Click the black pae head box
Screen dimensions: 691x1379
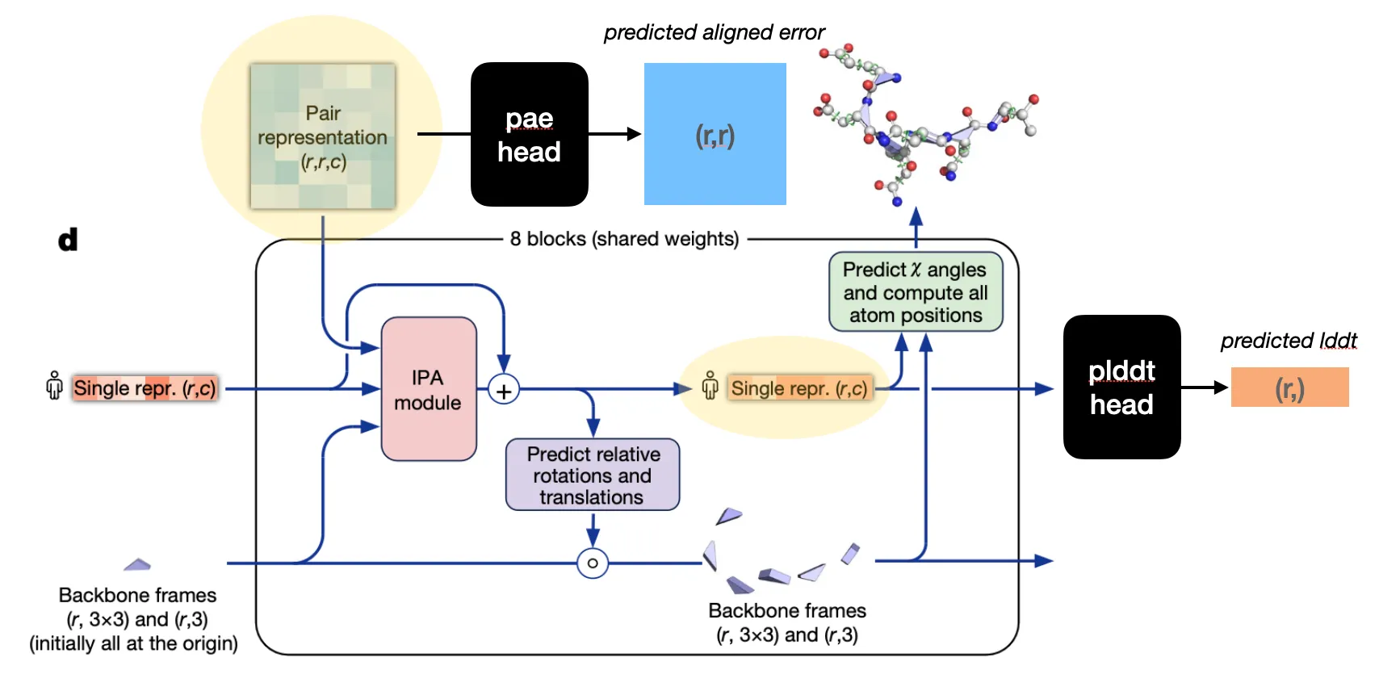coord(529,134)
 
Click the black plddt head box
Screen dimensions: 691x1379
coord(1121,387)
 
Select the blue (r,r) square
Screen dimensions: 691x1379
coord(715,134)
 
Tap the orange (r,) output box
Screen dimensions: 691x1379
coord(1289,387)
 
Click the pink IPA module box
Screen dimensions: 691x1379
coord(428,389)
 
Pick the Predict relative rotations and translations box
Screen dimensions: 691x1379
coord(593,475)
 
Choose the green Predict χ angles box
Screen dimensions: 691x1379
coord(916,292)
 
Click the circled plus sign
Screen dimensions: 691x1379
coord(504,391)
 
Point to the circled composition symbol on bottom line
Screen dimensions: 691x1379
coord(593,563)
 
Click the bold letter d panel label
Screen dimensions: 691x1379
coord(68,240)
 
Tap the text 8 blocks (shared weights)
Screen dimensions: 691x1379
coord(624,239)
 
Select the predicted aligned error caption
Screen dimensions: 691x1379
coord(714,32)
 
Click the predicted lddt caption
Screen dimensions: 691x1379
coord(1288,341)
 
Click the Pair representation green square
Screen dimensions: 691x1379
coord(323,136)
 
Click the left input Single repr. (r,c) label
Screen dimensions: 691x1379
coord(145,388)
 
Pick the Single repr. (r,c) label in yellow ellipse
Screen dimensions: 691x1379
coord(798,388)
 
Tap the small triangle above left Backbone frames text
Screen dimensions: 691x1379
coord(137,564)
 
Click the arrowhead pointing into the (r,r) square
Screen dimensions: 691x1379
coord(635,134)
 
